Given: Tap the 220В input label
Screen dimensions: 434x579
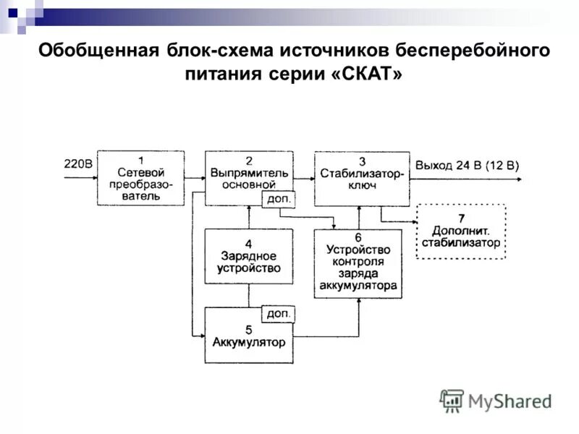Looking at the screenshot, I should pyautogui.click(x=78, y=164).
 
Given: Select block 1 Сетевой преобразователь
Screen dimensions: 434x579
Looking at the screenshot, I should pyautogui.click(x=140, y=178).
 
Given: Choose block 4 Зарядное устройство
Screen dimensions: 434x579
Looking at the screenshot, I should pyautogui.click(x=248, y=256).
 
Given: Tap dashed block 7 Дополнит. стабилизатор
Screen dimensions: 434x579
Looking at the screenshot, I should pyautogui.click(x=462, y=231).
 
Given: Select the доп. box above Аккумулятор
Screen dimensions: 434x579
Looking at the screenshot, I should pyautogui.click(x=278, y=314).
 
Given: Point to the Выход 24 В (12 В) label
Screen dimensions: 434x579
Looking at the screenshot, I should pyautogui.click(x=467, y=165).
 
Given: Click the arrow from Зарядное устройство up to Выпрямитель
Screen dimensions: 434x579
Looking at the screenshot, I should pyautogui.click(x=249, y=217).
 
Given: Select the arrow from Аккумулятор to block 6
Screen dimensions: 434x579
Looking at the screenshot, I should pyautogui.click(x=333, y=336).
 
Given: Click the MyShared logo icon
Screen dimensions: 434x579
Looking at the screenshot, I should pyautogui.click(x=452, y=400).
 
